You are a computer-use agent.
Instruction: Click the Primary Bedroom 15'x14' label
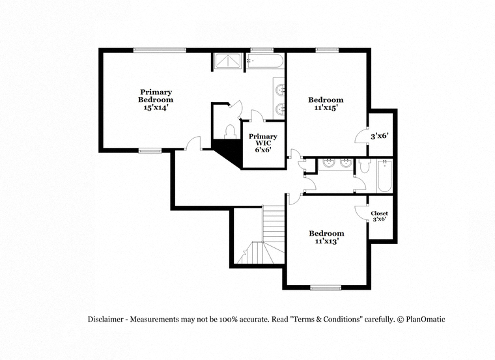tap(156, 100)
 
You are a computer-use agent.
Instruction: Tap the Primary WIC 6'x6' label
tap(263, 143)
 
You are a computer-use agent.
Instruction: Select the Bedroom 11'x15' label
tap(326, 104)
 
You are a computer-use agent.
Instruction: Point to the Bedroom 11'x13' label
tap(326, 237)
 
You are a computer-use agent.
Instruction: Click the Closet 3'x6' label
tap(380, 216)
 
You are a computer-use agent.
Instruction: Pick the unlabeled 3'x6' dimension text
tap(379, 136)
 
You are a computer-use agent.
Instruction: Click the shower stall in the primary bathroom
tap(228, 61)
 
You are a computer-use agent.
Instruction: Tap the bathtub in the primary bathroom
tap(265, 61)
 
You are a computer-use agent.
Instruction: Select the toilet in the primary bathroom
tap(230, 132)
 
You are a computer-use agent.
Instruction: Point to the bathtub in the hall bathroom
tap(384, 176)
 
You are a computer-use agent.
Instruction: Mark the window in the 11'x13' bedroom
tap(326, 288)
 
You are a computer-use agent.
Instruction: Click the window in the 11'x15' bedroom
tap(328, 49)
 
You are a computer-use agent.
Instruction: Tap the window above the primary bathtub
tap(262, 49)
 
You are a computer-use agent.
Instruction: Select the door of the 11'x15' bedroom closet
tap(361, 135)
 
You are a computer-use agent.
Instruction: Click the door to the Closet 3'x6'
tap(361, 214)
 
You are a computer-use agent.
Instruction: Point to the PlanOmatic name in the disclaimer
tap(425, 319)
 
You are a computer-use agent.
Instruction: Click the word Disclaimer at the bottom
tap(106, 319)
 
